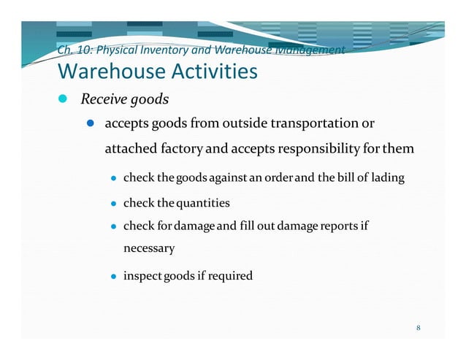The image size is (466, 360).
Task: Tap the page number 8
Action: (419, 327)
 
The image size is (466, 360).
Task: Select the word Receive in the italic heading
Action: (103, 99)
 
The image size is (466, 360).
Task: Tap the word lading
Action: (387, 178)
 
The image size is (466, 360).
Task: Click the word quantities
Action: (201, 202)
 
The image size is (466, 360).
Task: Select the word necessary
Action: (149, 248)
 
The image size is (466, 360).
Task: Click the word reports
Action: (340, 226)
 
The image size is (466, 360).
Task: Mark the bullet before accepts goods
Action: (93, 124)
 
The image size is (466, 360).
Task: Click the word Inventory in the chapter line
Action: (158, 51)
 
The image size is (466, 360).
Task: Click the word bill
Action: (346, 178)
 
